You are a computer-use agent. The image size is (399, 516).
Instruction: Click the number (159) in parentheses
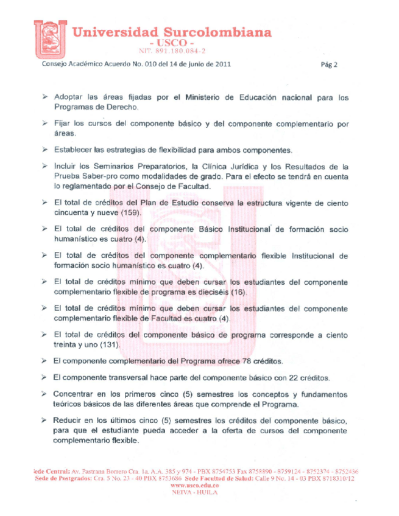click(x=129, y=213)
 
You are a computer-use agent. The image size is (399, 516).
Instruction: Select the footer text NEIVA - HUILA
click(x=195, y=492)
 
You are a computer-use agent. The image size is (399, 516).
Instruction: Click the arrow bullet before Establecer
click(x=44, y=149)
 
